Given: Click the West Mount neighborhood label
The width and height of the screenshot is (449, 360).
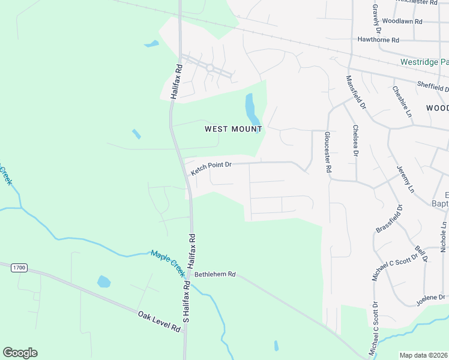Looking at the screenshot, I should (x=234, y=129).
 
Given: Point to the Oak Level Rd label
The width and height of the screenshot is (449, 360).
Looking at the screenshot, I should (x=159, y=322).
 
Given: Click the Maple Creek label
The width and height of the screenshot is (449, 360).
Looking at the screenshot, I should (x=168, y=262).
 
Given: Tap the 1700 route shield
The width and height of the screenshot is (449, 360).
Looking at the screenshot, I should (x=19, y=267).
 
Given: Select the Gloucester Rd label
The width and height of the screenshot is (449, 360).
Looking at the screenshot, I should (x=328, y=152).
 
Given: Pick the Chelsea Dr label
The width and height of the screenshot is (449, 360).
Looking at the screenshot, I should (x=355, y=142).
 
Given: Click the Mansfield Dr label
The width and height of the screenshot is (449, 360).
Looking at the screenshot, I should (x=355, y=92).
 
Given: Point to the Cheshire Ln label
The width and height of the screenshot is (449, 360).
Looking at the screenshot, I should (x=403, y=101).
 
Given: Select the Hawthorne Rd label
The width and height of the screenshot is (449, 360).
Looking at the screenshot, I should (x=378, y=40).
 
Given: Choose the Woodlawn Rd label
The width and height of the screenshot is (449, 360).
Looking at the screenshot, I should (x=402, y=21).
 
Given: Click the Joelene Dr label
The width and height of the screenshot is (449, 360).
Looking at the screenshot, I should (x=432, y=298).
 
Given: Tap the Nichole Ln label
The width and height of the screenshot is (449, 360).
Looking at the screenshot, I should (x=444, y=236).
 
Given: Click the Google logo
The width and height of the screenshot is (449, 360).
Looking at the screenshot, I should (x=20, y=353).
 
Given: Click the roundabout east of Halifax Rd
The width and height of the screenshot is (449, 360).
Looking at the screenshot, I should (x=210, y=68).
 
